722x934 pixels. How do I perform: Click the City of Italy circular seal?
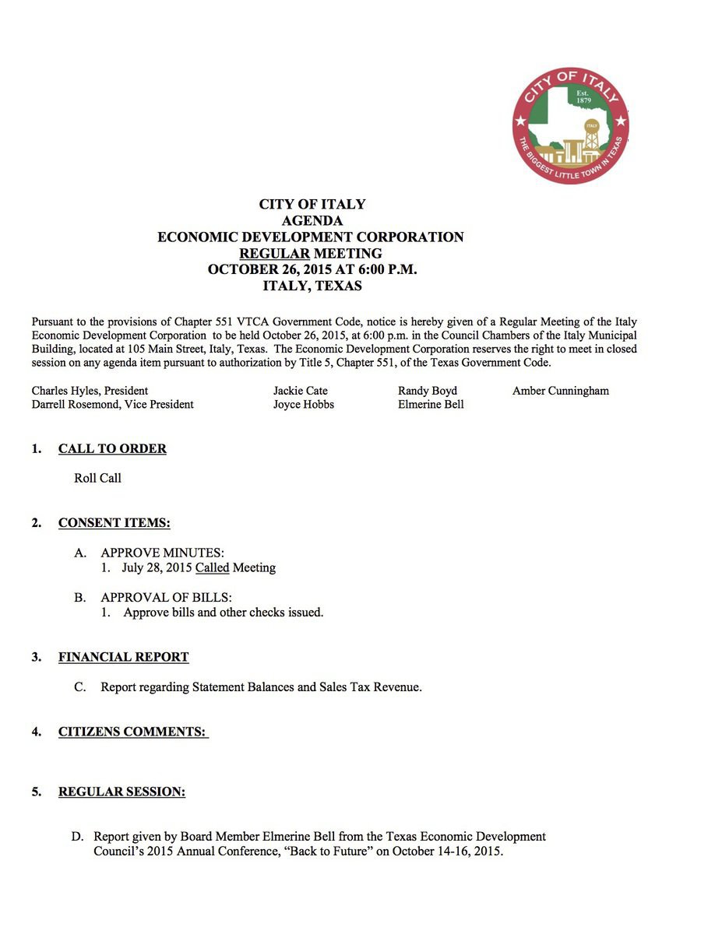click(x=571, y=125)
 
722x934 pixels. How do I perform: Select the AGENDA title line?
click(x=312, y=220)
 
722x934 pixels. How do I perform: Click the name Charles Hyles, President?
click(x=90, y=391)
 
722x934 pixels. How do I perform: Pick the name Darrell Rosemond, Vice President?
click(x=113, y=405)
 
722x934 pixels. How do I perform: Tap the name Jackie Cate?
click(x=300, y=391)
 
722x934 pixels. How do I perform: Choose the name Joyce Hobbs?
click(x=303, y=405)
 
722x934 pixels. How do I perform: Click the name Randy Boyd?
click(x=427, y=391)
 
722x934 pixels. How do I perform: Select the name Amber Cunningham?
click(x=560, y=391)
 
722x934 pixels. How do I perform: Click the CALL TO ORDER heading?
click(x=112, y=449)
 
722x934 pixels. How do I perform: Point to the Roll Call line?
click(x=97, y=478)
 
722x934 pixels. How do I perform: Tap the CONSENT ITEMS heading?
click(x=114, y=523)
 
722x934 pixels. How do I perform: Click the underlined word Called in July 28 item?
click(x=212, y=568)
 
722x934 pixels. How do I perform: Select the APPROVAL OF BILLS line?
click(x=166, y=598)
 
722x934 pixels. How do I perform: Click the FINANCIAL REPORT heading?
click(x=123, y=658)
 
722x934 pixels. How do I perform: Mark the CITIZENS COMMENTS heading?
click(x=132, y=732)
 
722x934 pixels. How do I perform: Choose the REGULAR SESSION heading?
click(x=122, y=792)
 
